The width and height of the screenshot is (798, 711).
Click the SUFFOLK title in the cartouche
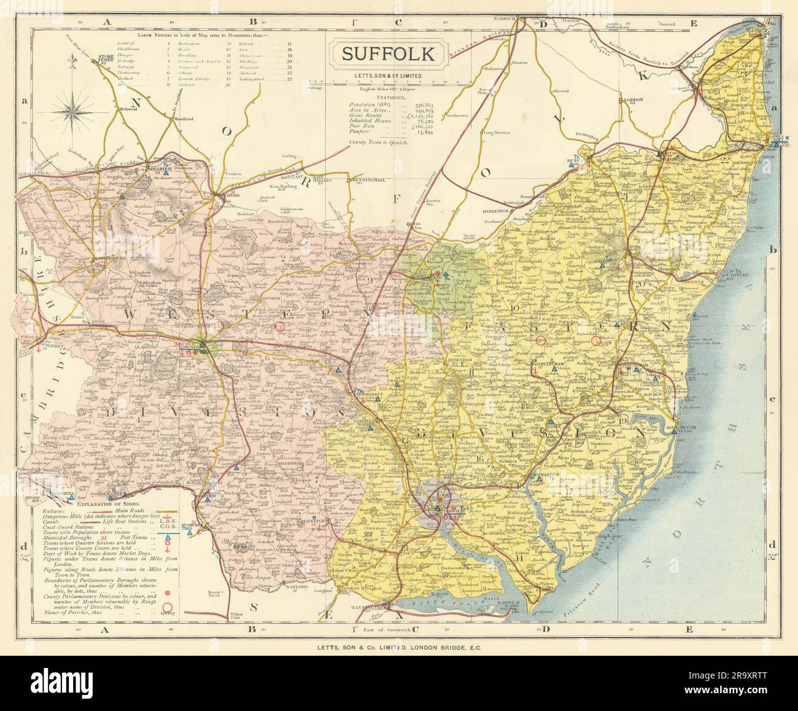388,53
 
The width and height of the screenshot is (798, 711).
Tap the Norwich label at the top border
505,19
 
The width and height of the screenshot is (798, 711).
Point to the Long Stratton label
497,133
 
